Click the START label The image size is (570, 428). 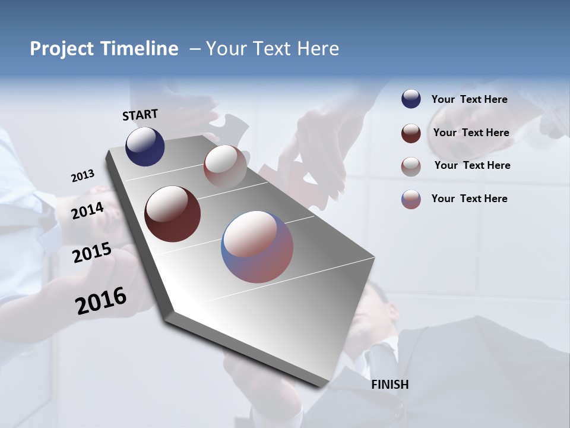[140, 115]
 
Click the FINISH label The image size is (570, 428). [389, 385]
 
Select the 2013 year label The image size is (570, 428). [83, 176]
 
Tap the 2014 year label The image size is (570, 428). [87, 210]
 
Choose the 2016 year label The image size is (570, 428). [101, 301]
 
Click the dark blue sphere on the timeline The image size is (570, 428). [145, 147]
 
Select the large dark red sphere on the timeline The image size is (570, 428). [172, 214]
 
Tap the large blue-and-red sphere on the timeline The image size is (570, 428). [257, 247]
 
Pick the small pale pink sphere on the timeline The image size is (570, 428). [225, 166]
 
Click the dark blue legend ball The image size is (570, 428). [411, 99]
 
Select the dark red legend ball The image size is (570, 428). [411, 133]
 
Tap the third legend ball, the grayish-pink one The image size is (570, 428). [411, 166]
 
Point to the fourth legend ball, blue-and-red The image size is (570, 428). [411, 199]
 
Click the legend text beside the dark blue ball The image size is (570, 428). [469, 99]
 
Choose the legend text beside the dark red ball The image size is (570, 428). [471, 133]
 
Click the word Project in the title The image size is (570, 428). [62, 49]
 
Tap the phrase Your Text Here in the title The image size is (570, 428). [273, 49]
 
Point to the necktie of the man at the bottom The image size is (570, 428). [380, 357]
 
